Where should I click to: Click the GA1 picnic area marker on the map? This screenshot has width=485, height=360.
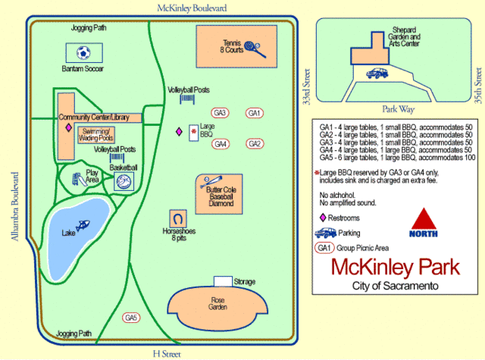click(255, 113)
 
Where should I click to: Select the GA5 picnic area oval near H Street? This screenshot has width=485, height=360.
click(131, 317)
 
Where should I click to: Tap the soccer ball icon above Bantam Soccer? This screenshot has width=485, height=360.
click(83, 53)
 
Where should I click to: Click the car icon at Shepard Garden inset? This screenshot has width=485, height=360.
click(377, 74)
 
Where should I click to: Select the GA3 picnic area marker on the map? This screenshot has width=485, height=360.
click(220, 113)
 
